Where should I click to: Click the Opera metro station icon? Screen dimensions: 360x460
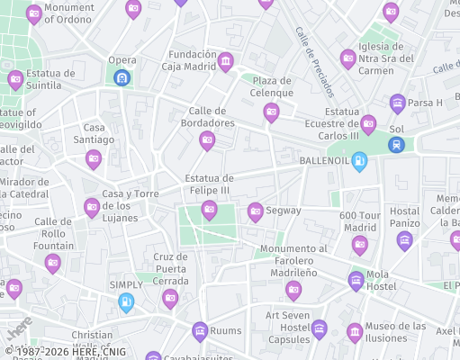pos(122,78)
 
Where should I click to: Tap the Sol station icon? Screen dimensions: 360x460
pos(396,144)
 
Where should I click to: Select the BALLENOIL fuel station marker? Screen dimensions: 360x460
pos(359,162)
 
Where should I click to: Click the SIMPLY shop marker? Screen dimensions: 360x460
pos(126,302)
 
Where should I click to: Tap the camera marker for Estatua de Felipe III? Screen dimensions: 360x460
pos(209,211)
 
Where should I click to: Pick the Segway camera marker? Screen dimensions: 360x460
pos(256,211)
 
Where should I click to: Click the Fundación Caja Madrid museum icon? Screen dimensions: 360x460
pos(225,62)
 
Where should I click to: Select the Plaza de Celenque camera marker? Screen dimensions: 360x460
pos(271,112)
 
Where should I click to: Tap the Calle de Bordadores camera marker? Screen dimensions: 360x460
pos(207,140)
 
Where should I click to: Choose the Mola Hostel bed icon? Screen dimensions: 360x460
pos(356,280)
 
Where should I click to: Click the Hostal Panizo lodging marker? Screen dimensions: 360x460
pos(404,240)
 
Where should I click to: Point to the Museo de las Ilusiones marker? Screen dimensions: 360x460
pos(355,332)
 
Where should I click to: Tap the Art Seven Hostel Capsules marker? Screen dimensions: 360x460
pos(319,330)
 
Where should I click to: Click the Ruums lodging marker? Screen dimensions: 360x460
pos(199,331)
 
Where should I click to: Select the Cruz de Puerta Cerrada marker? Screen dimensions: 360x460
pos(170,299)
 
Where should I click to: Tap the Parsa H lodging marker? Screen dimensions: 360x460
pos(397,103)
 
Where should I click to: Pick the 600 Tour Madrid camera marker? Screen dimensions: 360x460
pos(360,245)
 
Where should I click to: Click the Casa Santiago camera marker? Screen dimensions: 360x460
pos(93,159)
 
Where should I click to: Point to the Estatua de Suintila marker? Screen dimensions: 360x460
pos(15,80)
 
